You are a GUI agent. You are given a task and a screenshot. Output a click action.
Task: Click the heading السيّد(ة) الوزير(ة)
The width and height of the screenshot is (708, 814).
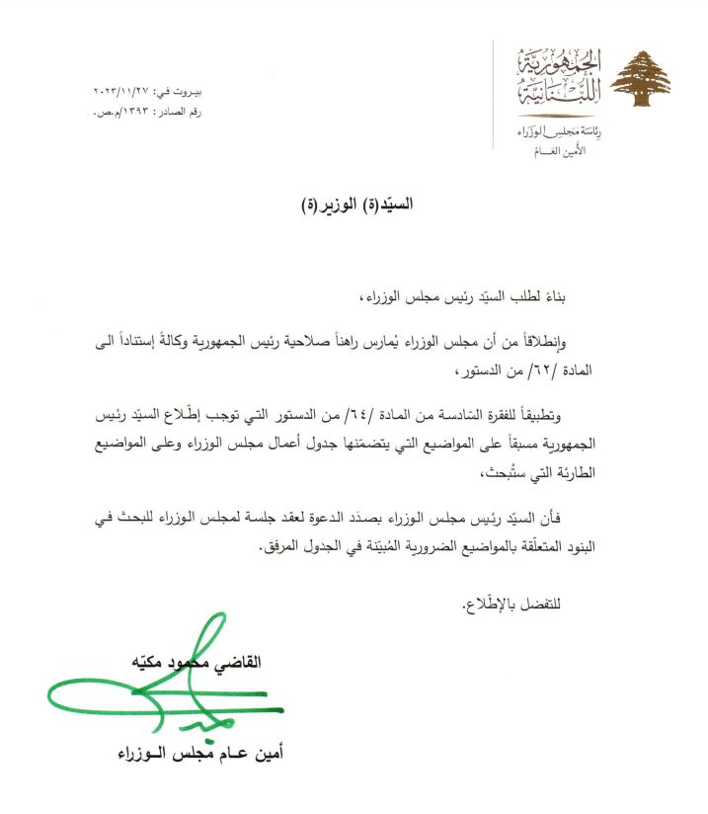pos(354,205)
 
